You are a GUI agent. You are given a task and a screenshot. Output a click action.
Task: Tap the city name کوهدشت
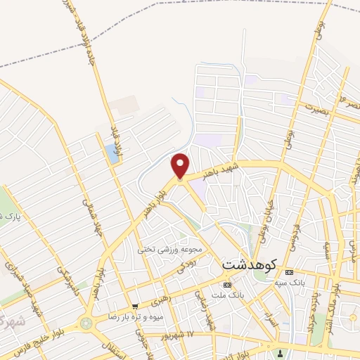(250, 265)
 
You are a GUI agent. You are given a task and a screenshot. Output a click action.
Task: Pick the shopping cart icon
(134, 307)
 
